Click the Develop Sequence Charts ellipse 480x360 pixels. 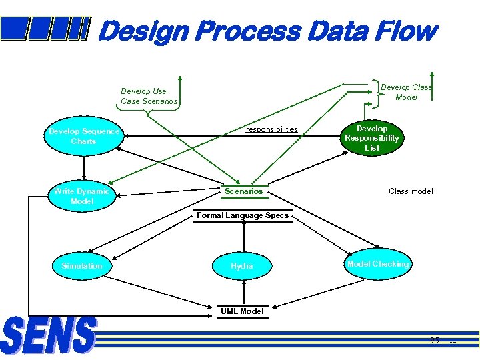[x=83, y=137]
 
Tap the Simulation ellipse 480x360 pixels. [x=82, y=266]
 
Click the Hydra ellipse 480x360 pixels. [x=242, y=266]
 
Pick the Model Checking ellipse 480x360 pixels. [x=378, y=265]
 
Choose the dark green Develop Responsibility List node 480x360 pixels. [x=372, y=138]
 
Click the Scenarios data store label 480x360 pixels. [x=243, y=191]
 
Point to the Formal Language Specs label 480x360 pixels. [x=243, y=215]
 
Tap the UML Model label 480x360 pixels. [x=242, y=311]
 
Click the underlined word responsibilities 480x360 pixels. [x=271, y=129]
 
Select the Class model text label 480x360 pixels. [x=411, y=191]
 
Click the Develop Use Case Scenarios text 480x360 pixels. [x=149, y=96]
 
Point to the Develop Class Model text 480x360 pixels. [x=406, y=92]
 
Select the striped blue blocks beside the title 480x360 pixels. [x=45, y=29]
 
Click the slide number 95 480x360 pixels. [x=434, y=341]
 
